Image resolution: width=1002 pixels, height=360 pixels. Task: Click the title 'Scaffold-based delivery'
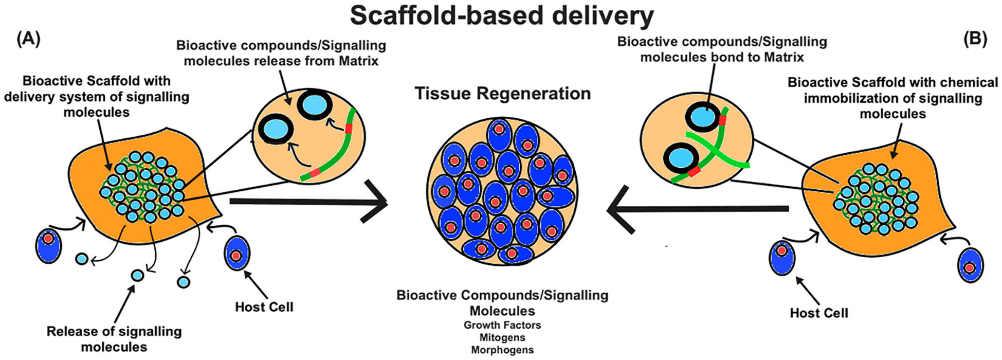click(501, 15)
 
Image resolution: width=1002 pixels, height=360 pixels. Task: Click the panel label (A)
click(29, 40)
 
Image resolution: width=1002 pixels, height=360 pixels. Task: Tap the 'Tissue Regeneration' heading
click(502, 94)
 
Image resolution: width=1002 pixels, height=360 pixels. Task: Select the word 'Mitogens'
click(502, 337)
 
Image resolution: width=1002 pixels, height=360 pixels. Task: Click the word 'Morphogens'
click(502, 350)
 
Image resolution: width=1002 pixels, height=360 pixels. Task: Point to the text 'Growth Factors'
click(502, 325)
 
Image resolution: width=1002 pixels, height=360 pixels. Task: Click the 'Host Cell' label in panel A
click(264, 307)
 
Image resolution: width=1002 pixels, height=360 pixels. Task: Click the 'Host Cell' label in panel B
click(818, 313)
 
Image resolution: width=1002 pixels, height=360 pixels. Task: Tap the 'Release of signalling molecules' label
click(114, 339)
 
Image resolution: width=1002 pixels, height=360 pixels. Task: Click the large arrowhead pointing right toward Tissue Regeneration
click(375, 202)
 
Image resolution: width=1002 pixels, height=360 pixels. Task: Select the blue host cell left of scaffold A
click(48, 245)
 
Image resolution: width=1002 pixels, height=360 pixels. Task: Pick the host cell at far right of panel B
click(970, 266)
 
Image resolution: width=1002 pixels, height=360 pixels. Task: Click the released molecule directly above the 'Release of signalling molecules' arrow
click(137, 275)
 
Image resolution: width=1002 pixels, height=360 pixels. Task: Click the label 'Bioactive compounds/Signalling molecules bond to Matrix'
click(722, 49)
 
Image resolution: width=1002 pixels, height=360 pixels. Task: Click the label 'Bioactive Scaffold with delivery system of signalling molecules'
click(97, 96)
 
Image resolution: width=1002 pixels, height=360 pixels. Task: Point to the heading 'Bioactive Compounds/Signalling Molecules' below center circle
click(502, 303)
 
